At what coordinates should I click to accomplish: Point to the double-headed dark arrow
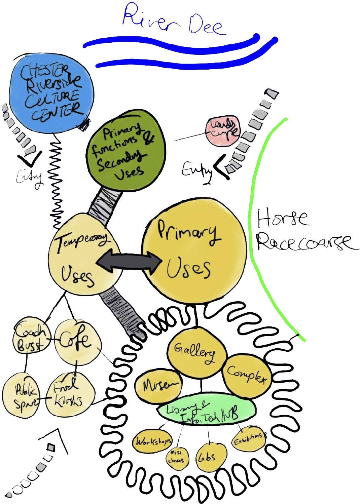point(128,261)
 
